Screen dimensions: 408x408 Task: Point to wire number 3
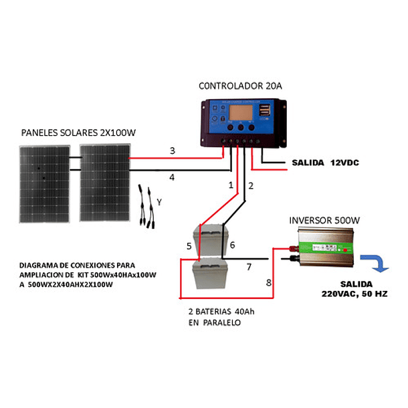tap(172, 151)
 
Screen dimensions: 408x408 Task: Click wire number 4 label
tap(172, 177)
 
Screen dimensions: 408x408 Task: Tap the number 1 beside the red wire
tap(231, 184)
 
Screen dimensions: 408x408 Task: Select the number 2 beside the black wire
tap(251, 184)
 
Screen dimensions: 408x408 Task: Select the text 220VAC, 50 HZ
tap(354, 293)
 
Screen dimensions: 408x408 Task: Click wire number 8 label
tap(269, 283)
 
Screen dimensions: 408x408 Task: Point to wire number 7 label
tap(249, 268)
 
